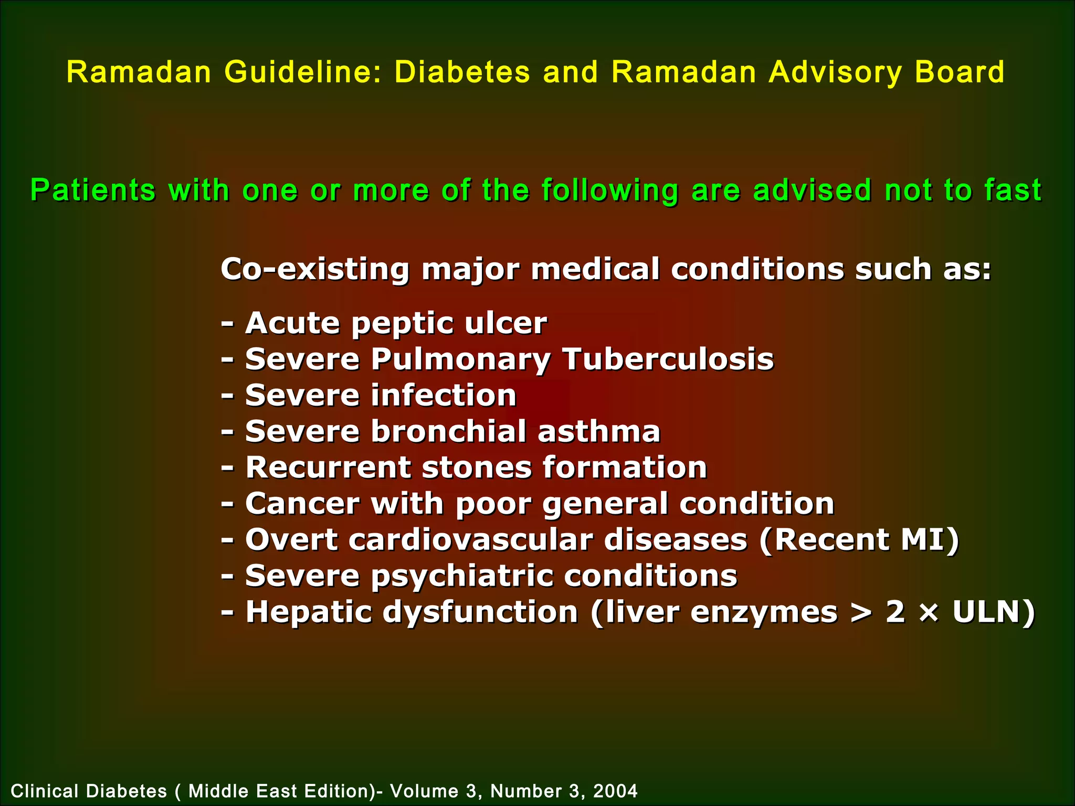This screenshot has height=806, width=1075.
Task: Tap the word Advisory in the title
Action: coord(835,72)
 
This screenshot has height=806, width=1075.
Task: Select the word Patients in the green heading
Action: coord(93,190)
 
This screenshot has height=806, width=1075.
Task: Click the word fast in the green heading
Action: coord(1013,190)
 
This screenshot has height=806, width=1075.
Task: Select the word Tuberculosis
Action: coord(668,359)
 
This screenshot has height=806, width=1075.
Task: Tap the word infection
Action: coord(444,395)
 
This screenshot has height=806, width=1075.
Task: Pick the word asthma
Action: coord(598,431)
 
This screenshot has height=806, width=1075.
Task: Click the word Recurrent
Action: coord(328,468)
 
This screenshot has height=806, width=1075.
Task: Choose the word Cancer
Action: coord(302,504)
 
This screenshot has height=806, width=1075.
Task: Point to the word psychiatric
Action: coord(462,576)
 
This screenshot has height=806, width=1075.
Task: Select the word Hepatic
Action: coord(308,612)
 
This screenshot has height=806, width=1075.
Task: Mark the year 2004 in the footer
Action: coord(615,791)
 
